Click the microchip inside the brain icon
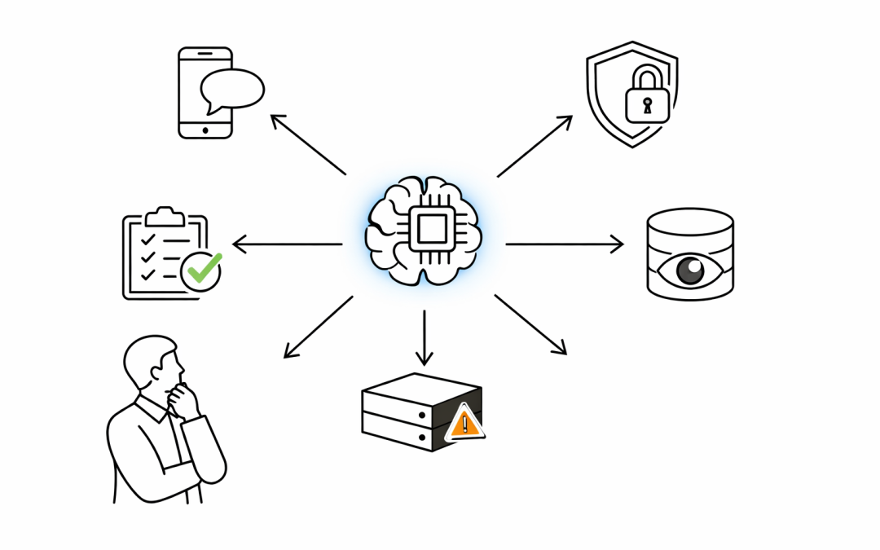pyautogui.click(x=430, y=227)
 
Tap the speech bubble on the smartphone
pyautogui.click(x=232, y=89)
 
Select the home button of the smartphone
pyautogui.click(x=205, y=130)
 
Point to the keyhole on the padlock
pyautogui.click(x=647, y=106)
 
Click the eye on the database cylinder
pyautogui.click(x=690, y=270)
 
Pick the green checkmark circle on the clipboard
pyautogui.click(x=201, y=270)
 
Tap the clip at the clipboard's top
pyautogui.click(x=165, y=215)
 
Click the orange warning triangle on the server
pyautogui.click(x=465, y=423)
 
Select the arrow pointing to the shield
pyautogui.click(x=535, y=146)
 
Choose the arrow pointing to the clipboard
pyautogui.click(x=287, y=244)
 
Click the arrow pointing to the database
pyautogui.click(x=564, y=244)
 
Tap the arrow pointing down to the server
pyautogui.click(x=424, y=337)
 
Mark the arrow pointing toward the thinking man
pyautogui.click(x=318, y=327)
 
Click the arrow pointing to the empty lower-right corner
pyautogui.click(x=530, y=324)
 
